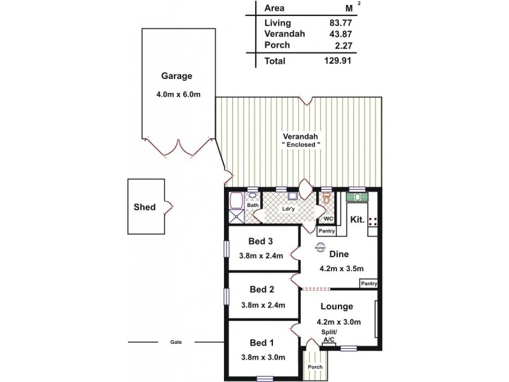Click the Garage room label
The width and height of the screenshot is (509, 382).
(176, 76)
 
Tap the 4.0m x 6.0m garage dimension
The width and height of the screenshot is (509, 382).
(178, 95)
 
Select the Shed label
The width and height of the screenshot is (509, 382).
(144, 208)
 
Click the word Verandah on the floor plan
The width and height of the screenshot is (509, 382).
(301, 137)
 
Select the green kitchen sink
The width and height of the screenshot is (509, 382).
(358, 197)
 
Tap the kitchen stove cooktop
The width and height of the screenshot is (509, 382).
(373, 222)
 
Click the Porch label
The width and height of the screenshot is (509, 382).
(315, 367)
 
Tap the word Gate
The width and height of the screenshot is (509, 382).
(176, 343)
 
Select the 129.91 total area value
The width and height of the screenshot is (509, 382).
(337, 61)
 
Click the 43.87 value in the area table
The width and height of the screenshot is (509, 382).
(338, 34)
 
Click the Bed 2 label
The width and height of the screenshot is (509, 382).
(262, 290)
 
